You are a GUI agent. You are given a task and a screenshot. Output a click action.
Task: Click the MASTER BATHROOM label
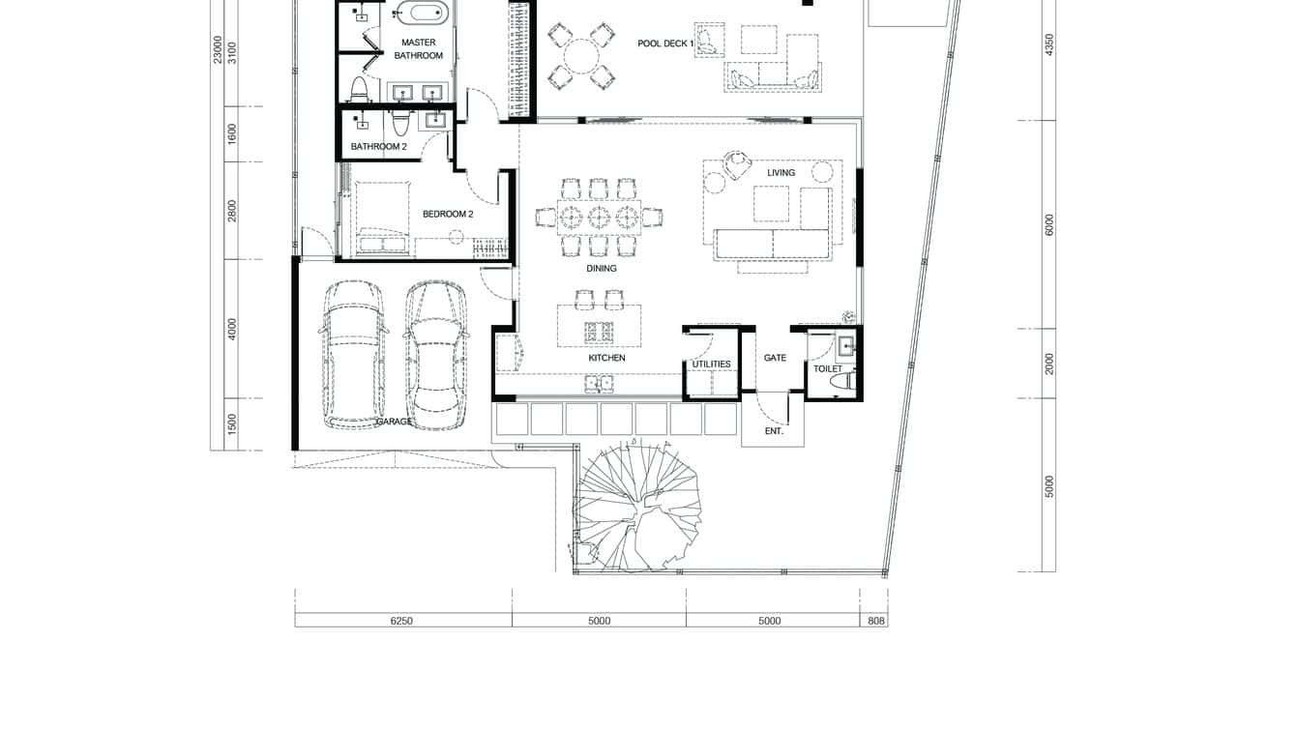(418, 49)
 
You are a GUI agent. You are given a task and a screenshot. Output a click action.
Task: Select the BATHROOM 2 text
(378, 147)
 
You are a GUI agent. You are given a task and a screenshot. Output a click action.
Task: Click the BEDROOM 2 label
(447, 214)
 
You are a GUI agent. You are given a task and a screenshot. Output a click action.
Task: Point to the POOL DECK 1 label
(665, 44)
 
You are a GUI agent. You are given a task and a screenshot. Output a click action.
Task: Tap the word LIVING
(781, 173)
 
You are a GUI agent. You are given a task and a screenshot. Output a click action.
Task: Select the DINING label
(602, 269)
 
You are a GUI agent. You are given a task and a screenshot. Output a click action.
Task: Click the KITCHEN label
(606, 358)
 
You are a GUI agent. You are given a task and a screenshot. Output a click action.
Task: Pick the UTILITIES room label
(711, 364)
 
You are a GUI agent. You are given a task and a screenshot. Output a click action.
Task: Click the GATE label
(775, 358)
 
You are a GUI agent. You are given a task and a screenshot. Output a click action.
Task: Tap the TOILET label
(827, 368)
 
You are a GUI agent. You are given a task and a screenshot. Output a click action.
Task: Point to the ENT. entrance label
(774, 431)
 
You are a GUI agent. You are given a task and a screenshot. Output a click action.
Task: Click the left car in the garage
(354, 354)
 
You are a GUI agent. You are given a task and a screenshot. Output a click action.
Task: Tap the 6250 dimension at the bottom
(401, 621)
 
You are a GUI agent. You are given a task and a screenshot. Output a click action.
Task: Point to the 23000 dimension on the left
(218, 51)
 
